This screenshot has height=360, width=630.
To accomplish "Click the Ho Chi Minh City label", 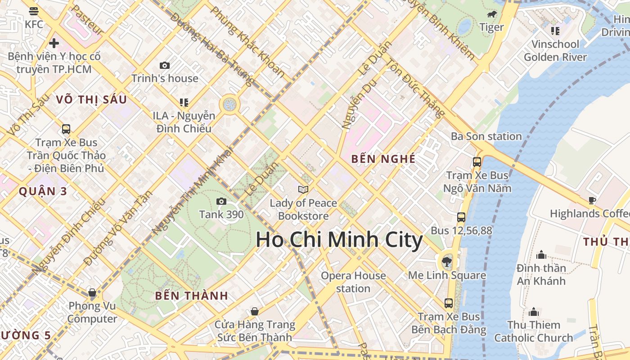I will (x=339, y=239).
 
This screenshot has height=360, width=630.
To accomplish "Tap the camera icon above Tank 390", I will (x=221, y=201).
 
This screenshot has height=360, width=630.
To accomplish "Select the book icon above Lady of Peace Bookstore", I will (x=304, y=190).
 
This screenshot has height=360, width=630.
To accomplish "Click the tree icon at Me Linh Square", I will (x=447, y=261).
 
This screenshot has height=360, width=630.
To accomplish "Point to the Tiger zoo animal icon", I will (x=492, y=14).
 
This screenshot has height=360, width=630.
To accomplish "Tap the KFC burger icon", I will (x=34, y=11).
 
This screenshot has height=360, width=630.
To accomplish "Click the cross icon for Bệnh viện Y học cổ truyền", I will (x=54, y=43).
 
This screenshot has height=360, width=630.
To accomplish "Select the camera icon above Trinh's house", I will (x=165, y=65).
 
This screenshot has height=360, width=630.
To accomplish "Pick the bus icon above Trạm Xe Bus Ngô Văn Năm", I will (x=477, y=162).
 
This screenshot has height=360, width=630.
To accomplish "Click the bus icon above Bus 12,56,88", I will (x=461, y=217).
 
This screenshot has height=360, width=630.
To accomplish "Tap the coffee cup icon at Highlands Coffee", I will (x=592, y=200).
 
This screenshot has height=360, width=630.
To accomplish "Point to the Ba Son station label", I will (x=486, y=136).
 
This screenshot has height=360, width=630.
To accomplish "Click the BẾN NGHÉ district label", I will (x=383, y=159).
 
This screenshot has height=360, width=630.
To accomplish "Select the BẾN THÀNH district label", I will (x=192, y=296).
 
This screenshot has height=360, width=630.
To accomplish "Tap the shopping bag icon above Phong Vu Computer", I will (x=92, y=293).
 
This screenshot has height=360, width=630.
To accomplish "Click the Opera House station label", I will (x=353, y=282).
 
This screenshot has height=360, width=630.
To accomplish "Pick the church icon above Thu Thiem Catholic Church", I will (x=534, y=312).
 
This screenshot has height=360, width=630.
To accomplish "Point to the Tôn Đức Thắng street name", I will (x=416, y=88).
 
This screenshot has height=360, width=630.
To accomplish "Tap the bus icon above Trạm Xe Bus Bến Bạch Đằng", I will (x=449, y=303).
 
